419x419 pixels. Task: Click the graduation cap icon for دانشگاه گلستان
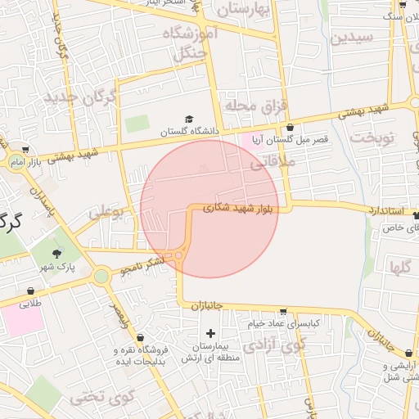click(x=189, y=119)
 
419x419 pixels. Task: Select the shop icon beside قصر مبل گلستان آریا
click(x=291, y=128)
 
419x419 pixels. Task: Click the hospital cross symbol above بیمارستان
click(x=211, y=333)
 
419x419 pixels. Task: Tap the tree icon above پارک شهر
click(x=56, y=254)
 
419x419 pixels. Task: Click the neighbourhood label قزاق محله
click(x=261, y=106)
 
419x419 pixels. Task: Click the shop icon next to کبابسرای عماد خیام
click(x=282, y=312)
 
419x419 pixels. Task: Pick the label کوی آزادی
click(x=286, y=345)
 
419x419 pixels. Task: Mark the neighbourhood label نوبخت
click(x=373, y=137)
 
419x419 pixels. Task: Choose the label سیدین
click(x=353, y=37)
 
